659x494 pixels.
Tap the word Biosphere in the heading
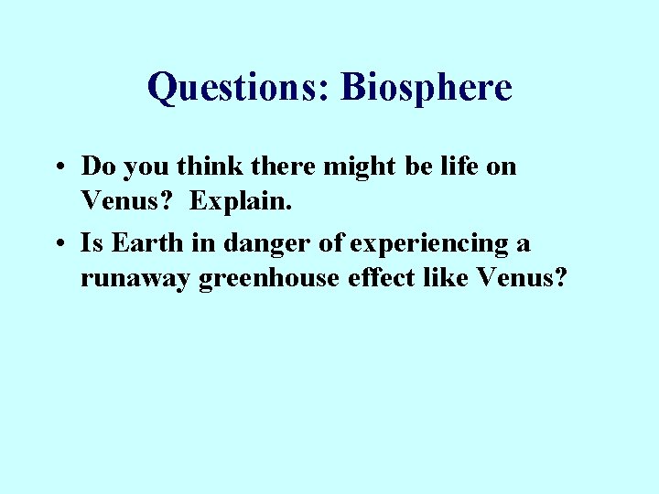pyautogui.click(x=426, y=88)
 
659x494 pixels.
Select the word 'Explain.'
pyautogui.click(x=242, y=200)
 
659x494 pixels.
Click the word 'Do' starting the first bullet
pyautogui.click(x=96, y=166)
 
